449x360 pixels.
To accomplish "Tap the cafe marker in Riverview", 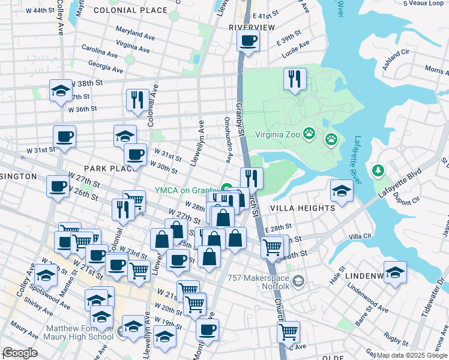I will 247,41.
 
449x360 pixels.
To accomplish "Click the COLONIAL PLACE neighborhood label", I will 130,11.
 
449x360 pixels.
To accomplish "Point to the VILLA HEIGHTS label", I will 303,208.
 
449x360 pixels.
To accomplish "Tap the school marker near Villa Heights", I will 342,190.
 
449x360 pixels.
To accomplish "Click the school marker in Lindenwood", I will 395,271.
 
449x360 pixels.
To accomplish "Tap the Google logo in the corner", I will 20,353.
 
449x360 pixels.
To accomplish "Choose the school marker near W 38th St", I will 60,91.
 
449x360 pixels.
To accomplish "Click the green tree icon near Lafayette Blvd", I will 378,172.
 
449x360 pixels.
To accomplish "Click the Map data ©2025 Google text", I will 412,355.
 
